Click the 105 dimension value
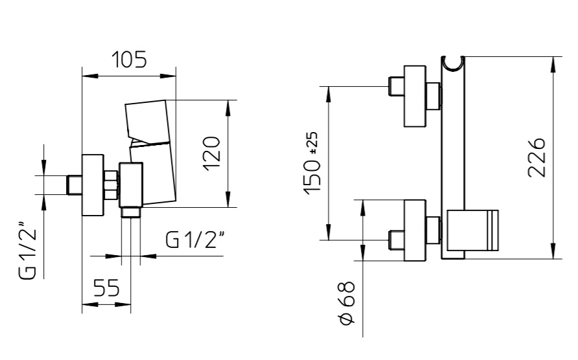129,60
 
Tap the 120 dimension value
212,153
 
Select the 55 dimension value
106,287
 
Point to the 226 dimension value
537,158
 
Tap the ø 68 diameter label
347,303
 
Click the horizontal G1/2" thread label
195,240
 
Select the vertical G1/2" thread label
28,250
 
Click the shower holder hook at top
453,63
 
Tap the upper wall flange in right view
415,96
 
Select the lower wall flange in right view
415,231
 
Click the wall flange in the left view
93,185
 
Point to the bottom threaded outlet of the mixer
131,212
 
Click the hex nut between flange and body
111,185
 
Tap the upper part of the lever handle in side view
146,120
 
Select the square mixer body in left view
130,185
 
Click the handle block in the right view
472,231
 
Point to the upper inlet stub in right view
397,86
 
